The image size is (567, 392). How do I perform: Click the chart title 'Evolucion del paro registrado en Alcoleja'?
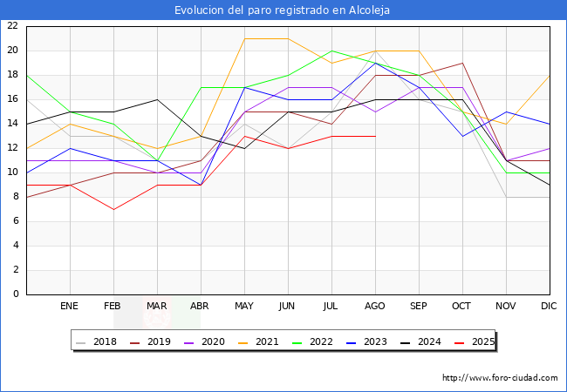(283, 10)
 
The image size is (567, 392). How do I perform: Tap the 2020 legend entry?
(202, 341)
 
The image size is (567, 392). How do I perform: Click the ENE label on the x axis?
(70, 307)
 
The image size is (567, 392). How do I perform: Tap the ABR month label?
(201, 307)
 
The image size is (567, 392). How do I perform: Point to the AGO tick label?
(375, 307)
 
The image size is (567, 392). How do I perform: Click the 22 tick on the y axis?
(12, 26)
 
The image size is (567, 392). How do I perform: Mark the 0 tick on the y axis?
(16, 294)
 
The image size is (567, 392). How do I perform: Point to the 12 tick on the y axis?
(12, 148)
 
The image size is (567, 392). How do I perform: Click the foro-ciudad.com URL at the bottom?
(500, 378)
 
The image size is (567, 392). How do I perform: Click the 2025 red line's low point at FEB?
(113, 209)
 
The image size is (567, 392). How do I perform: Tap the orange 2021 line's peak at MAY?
(244, 38)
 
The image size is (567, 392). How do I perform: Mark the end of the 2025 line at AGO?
(375, 136)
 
